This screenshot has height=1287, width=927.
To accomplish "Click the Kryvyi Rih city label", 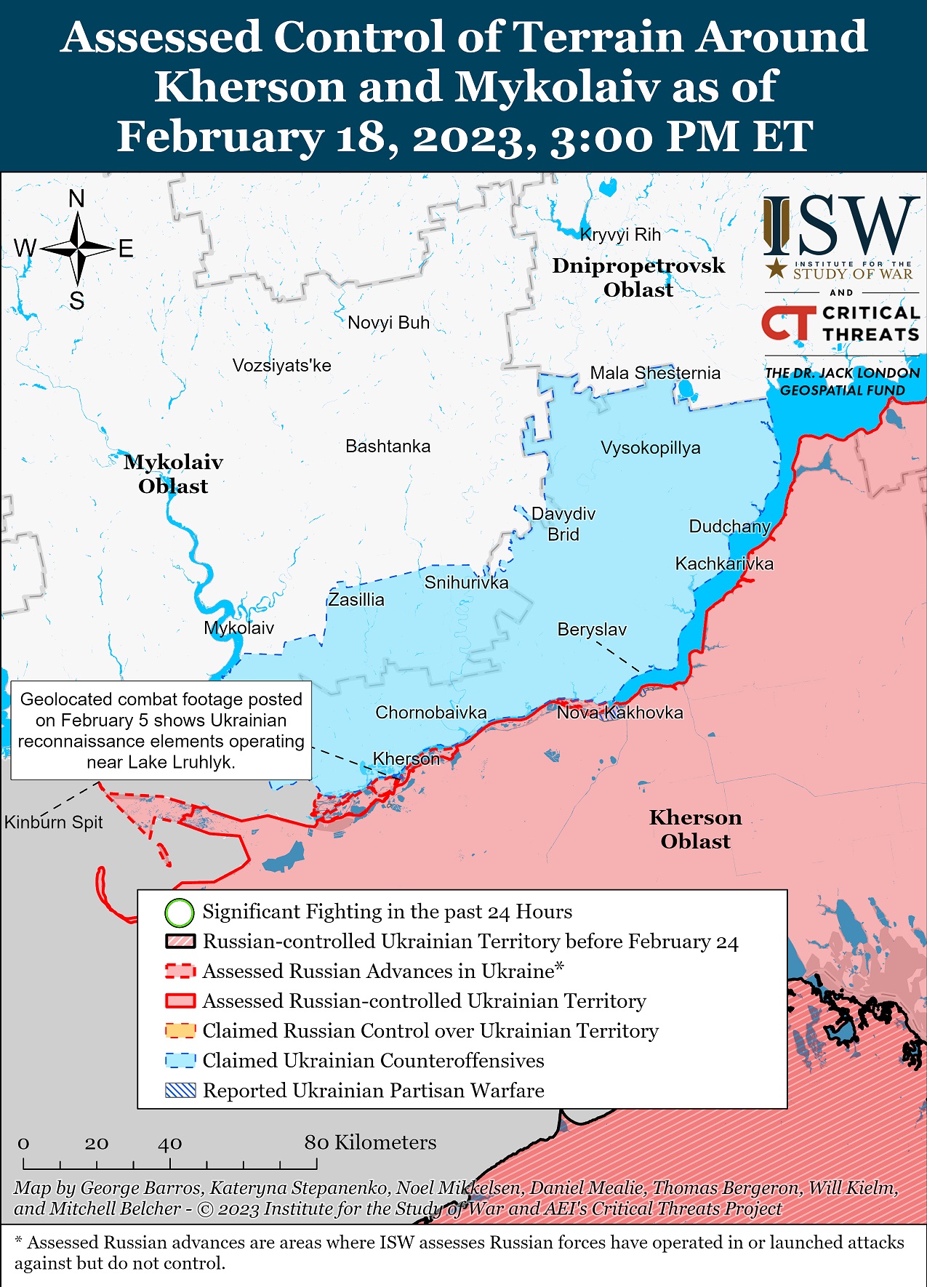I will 620,235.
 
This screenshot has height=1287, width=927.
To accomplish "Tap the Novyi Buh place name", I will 388,323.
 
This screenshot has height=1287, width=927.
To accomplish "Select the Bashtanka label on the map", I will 388,446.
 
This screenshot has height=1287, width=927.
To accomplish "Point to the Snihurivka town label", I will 466,582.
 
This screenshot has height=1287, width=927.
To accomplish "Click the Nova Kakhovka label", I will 619,713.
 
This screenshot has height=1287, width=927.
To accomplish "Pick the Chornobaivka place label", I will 430,713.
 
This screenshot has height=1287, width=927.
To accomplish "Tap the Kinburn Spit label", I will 54,822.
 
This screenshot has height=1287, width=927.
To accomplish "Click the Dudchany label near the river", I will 729,526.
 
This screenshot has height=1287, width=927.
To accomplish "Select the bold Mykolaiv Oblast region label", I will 173,474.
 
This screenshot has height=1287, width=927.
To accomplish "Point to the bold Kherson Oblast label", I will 695,829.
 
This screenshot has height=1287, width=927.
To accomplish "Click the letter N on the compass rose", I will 76,199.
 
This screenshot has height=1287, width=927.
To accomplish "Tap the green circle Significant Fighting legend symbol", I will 180,912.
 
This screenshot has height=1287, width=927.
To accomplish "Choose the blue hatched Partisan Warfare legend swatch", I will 180,1091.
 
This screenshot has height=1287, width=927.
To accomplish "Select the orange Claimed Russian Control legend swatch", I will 180,1031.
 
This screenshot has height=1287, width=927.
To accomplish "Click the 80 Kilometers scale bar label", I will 370,1142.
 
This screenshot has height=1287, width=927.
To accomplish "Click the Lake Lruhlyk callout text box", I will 161,730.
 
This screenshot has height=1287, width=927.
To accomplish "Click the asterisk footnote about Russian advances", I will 458,1252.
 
